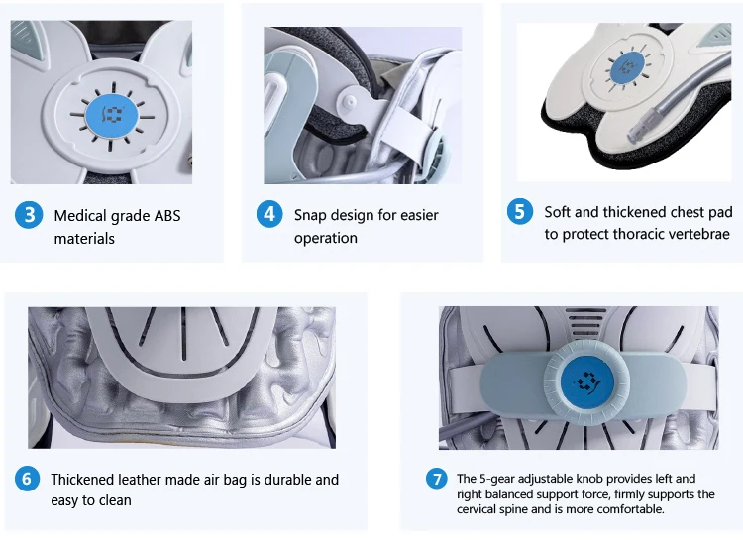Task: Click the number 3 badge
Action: [x=29, y=215]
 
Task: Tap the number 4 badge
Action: [x=269, y=214]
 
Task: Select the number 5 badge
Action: [x=520, y=211]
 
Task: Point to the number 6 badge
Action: [x=27, y=479]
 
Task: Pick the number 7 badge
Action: [x=437, y=479]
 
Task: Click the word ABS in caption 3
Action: [x=167, y=216]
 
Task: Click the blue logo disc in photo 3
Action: [x=111, y=116]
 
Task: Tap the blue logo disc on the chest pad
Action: [x=627, y=67]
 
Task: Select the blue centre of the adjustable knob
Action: [x=587, y=381]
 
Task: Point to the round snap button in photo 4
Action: [x=350, y=101]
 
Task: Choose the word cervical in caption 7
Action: [x=478, y=509]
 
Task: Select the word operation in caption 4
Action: [x=326, y=238]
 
